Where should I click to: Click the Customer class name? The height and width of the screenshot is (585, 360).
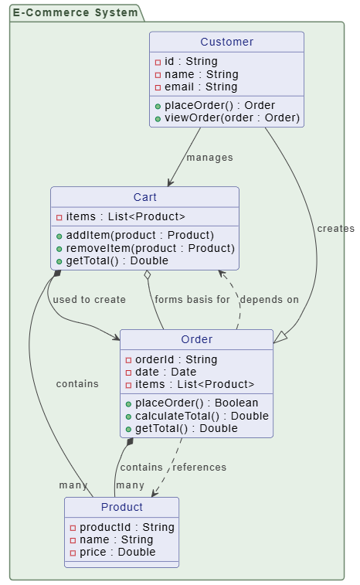click(226, 42)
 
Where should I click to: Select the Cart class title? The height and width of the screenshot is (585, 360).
click(144, 197)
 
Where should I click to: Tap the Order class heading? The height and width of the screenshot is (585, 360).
click(196, 339)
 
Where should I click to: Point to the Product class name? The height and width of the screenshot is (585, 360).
click(121, 507)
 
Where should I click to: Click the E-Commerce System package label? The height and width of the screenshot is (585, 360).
click(74, 12)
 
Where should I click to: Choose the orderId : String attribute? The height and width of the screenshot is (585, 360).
click(176, 359)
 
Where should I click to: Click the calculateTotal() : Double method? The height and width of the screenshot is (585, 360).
click(202, 416)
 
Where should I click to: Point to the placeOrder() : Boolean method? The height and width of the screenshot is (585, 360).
click(196, 403)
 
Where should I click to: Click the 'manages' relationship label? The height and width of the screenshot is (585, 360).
click(209, 158)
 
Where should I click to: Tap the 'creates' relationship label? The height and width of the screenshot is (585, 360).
click(335, 229)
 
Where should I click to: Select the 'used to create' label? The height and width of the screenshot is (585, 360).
click(89, 300)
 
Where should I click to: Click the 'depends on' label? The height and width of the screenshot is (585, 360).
click(269, 300)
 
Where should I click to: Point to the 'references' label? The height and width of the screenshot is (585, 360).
click(199, 468)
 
